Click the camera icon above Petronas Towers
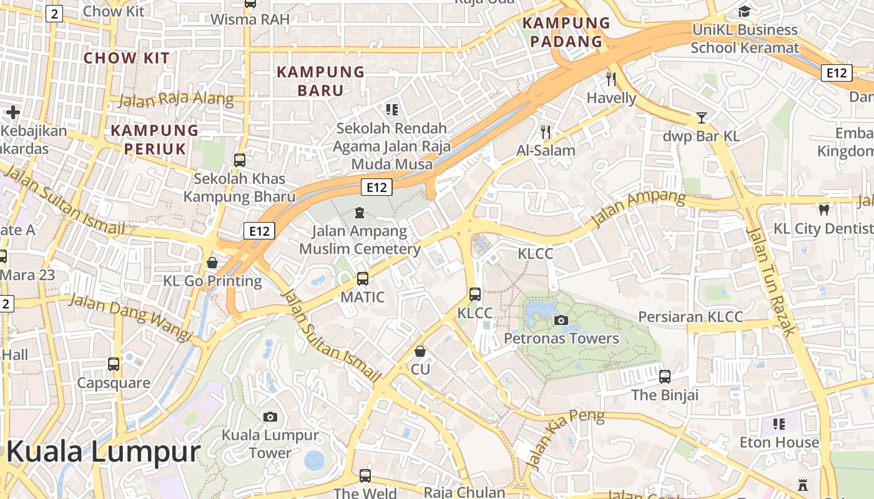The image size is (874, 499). [x=561, y=320]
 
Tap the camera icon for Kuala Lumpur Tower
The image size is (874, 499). [x=270, y=417]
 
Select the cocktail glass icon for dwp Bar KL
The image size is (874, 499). [x=702, y=117]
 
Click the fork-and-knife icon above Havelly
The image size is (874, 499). [x=611, y=79]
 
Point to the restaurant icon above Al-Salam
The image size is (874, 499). [x=546, y=132]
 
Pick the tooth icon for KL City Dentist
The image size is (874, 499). [x=823, y=210]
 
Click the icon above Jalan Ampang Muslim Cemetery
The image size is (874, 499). [x=359, y=213]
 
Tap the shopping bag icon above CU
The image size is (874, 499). [x=420, y=351]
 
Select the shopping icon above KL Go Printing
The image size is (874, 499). [x=212, y=263]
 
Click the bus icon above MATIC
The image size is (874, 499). [x=363, y=279]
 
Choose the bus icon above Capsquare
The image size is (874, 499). [x=114, y=364]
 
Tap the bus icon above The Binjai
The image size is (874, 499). [x=665, y=377]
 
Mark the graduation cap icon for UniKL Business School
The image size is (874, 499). [x=744, y=12]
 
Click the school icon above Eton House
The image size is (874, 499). [x=778, y=424]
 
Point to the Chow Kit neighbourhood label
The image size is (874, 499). [x=127, y=58]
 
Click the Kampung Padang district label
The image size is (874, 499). [x=566, y=32]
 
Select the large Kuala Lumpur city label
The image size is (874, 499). [x=104, y=452]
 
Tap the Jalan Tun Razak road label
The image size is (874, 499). [x=772, y=281]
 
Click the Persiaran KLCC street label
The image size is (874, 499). [x=690, y=317]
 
